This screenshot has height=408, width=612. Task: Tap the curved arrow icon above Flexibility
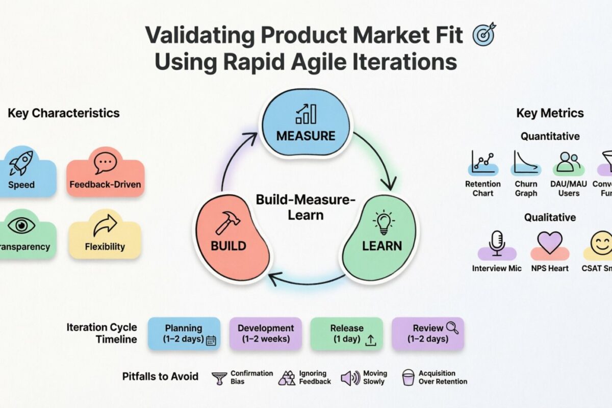(x=105, y=225)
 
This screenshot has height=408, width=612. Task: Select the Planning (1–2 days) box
(x=184, y=334)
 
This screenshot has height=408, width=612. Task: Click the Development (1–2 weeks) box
(x=265, y=334)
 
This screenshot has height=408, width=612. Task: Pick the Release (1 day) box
(x=347, y=334)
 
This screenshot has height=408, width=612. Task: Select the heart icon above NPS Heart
(x=549, y=242)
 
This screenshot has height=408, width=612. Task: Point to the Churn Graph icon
(x=526, y=163)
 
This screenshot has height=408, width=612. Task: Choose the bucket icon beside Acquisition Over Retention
(x=408, y=378)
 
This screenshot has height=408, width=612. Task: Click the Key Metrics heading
(x=550, y=113)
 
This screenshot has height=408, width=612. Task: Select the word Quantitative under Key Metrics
(x=550, y=136)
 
